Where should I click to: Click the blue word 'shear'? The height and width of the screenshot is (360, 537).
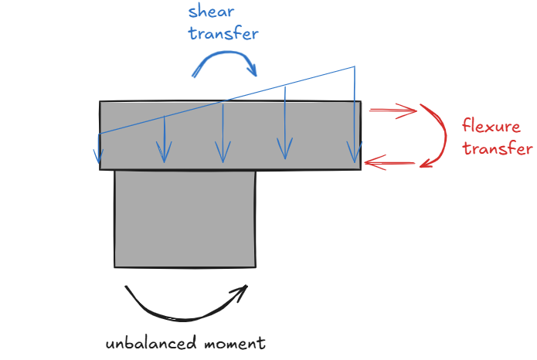pos(211,12)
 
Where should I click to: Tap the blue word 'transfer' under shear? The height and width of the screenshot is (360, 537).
pos(223,33)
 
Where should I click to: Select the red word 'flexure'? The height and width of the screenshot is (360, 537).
pos(491,126)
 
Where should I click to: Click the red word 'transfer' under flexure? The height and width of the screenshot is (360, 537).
pos(498,148)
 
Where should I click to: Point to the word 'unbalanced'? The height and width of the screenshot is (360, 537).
pos(151,343)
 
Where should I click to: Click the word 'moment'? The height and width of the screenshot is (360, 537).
pos(235,343)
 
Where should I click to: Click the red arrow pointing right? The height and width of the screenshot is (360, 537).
pos(393,110)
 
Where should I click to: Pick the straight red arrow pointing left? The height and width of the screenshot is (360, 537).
pos(389,163)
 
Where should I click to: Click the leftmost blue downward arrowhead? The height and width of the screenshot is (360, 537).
pos(98,156)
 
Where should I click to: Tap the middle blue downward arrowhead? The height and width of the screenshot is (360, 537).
pos(223,152)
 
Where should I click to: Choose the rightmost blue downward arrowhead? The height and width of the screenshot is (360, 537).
pos(355,152)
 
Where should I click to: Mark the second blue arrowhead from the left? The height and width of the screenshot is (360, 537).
pos(164,152)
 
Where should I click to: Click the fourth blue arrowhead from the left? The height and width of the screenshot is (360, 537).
pos(285,148)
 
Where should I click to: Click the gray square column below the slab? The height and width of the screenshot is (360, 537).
pos(185,219)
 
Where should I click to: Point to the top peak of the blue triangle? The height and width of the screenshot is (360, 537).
pos(355,66)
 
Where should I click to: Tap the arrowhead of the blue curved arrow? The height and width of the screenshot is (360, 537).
pos(253,70)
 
